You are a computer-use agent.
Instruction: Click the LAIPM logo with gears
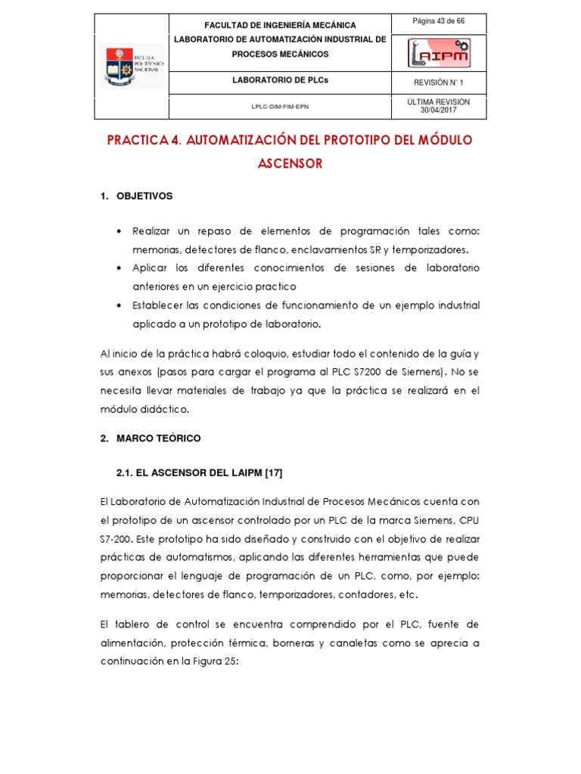439,53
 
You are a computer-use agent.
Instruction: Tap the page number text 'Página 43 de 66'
438,21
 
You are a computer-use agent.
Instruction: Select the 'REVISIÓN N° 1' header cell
438,82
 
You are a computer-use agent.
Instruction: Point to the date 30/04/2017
438,110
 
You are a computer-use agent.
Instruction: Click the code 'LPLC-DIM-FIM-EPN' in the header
280,107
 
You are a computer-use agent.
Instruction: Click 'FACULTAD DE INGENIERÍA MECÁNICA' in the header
280,26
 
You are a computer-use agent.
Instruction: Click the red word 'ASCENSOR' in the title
290,163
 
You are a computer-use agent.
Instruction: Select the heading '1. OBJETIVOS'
137,197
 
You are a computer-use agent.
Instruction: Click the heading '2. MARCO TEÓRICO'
151,438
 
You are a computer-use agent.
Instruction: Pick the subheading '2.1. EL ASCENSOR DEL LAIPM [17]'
199,472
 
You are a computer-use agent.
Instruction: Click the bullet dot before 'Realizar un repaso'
121,231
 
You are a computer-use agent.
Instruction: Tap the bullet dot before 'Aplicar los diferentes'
121,268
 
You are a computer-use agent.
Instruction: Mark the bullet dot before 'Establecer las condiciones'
121,305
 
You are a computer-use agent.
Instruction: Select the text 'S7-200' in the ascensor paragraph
116,539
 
